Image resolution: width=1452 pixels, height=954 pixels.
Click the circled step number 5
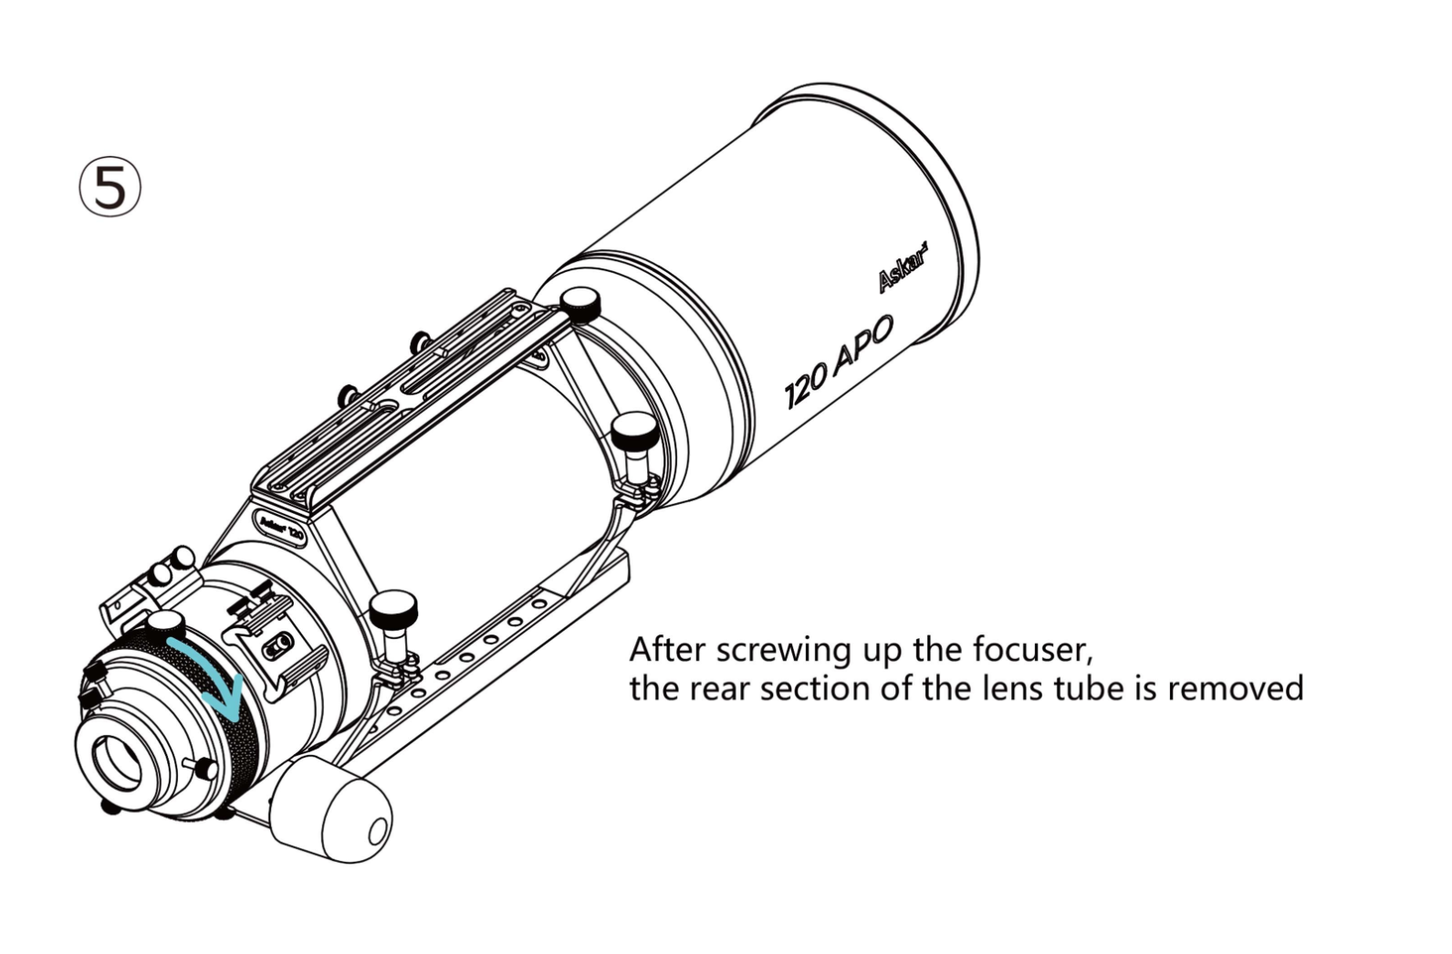coord(110,187)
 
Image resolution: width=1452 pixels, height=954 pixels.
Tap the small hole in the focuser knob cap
coord(377,832)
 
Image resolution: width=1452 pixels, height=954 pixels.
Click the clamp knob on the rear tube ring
coord(392,606)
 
